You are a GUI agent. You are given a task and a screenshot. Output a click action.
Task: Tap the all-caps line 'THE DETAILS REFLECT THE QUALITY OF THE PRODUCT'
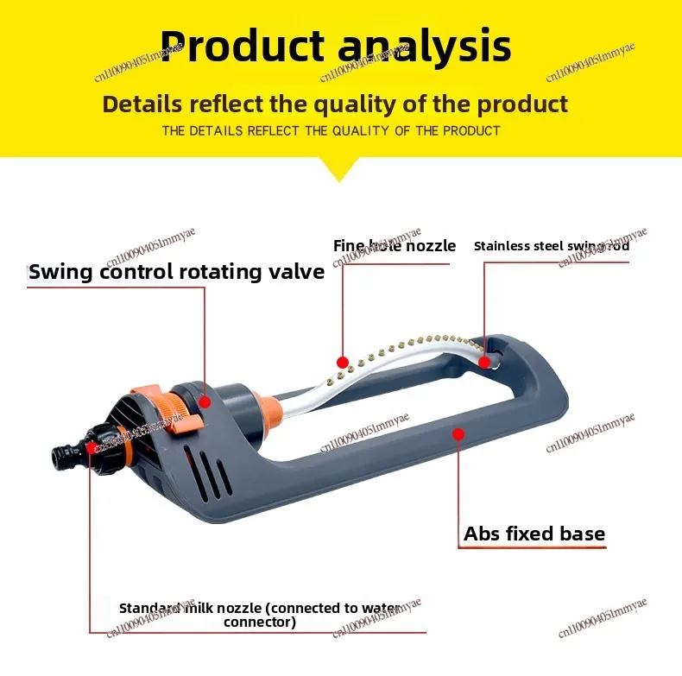pos(332,131)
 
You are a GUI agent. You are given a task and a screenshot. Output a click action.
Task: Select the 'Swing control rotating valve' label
pos(177,272)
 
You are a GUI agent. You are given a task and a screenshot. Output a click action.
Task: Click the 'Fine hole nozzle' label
pos(395,246)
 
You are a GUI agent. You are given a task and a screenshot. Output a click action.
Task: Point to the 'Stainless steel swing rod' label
pos(552,246)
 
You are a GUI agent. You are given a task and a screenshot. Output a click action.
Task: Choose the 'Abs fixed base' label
pos(534,534)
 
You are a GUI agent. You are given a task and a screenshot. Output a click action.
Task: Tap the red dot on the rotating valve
pos(205,401)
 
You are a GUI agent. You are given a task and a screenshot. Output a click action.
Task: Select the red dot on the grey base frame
pos(458,433)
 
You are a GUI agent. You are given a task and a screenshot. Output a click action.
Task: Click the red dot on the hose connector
pos(90,446)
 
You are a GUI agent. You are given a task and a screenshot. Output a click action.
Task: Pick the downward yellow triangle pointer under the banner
pos(340,167)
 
